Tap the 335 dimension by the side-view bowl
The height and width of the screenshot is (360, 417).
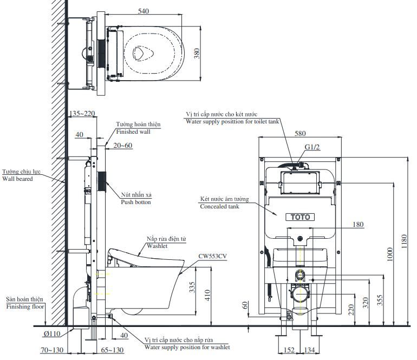tap(192, 286)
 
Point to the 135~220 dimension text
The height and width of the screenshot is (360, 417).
tap(82, 114)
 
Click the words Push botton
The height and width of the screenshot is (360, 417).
tap(136, 202)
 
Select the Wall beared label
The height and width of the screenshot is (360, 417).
tap(18, 178)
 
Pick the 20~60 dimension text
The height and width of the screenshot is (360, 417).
tap(123, 145)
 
